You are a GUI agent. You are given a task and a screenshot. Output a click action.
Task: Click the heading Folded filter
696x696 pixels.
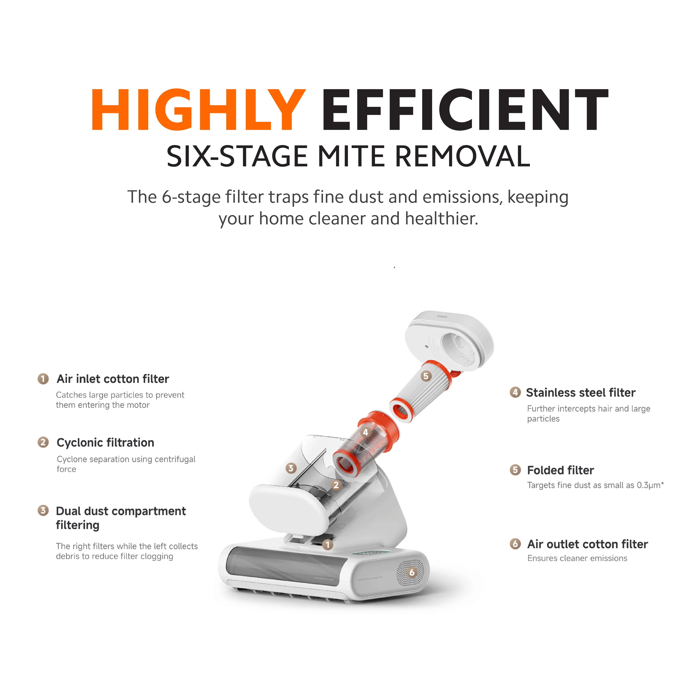[x=561, y=470]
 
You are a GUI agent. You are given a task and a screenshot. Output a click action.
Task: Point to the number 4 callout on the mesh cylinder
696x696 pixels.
[x=366, y=432]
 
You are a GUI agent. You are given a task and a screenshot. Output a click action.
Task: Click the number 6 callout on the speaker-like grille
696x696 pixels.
[x=412, y=572]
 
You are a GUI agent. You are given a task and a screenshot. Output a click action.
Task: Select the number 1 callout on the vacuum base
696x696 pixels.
[x=328, y=545]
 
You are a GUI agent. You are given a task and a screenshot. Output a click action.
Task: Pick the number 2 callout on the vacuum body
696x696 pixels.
[x=336, y=485]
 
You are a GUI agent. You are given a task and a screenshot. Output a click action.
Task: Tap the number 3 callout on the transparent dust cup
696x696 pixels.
[x=291, y=468]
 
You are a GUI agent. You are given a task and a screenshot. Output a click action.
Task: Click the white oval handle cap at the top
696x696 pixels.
[x=450, y=341]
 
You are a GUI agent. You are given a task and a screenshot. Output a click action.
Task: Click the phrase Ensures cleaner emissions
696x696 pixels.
[x=577, y=558]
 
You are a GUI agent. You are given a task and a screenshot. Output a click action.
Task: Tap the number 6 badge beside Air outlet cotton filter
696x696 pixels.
[x=515, y=544]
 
